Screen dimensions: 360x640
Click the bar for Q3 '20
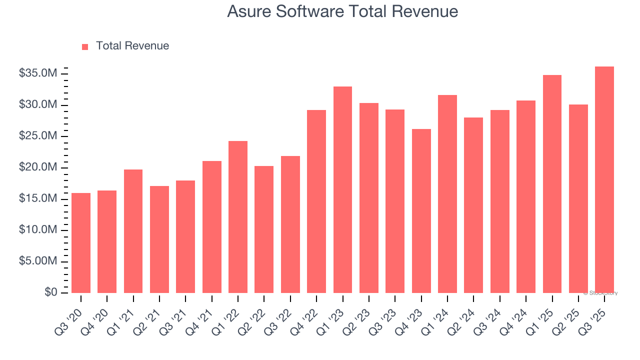point(81,243)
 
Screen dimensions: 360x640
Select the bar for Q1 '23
point(342,190)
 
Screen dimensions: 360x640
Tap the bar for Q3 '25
point(604,180)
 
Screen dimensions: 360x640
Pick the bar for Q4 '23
point(421,211)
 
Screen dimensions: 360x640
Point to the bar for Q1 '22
point(238,217)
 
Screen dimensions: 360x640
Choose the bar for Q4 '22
point(316,201)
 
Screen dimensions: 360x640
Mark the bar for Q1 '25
point(552,184)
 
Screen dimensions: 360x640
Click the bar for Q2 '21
point(159,239)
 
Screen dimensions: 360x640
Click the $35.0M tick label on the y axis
point(37,73)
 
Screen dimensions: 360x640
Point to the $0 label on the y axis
point(51,292)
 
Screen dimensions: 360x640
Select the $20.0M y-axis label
point(37,167)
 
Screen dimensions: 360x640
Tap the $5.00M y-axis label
point(37,261)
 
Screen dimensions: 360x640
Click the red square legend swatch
point(85,46)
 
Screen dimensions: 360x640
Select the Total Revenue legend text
point(132,46)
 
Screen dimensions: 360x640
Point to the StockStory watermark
point(600,293)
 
